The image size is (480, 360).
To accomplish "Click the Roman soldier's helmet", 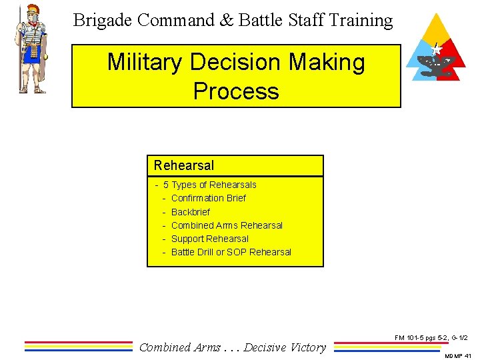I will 31,11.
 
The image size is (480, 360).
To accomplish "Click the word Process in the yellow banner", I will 236,91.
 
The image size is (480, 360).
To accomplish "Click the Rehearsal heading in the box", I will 184,165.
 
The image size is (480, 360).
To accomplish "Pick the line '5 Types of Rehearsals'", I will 209,185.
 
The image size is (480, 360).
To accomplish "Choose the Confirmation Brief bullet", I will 208,198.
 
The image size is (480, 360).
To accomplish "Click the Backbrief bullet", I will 190,212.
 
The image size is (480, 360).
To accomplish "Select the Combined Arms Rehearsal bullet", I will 227,225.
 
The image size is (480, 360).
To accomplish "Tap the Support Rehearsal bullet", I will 209,239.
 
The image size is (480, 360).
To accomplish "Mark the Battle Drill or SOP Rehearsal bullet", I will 231,252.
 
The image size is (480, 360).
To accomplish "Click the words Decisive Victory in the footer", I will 285,347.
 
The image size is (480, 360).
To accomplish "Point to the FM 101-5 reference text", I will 431,339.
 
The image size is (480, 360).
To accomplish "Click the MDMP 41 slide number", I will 457,355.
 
